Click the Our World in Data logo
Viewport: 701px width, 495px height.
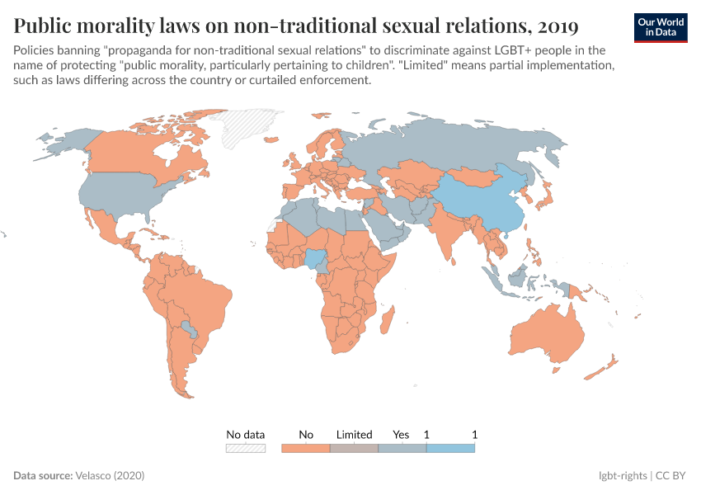(661, 27)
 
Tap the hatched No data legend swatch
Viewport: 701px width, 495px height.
(246, 448)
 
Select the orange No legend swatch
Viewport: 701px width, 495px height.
(306, 448)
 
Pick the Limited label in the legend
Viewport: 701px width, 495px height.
(354, 434)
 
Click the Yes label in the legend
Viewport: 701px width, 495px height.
(401, 434)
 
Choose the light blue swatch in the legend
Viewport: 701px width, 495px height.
(450, 448)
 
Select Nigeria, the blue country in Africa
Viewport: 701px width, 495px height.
(316, 259)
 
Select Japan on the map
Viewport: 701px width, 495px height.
(543, 199)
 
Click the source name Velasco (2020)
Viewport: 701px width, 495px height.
(109, 476)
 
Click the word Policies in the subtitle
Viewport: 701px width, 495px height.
(35, 50)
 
